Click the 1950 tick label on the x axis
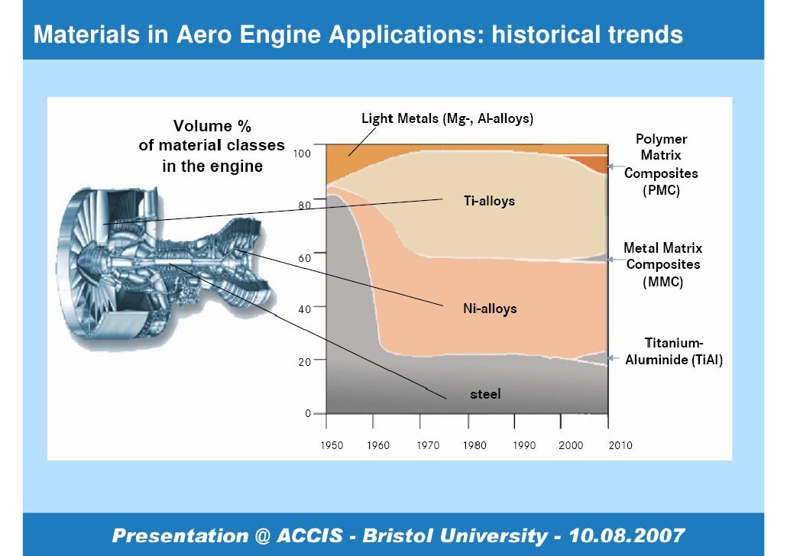tap(332, 445)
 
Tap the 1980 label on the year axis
tap(474, 445)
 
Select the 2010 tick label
tap(620, 445)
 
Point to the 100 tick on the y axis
tap(303, 154)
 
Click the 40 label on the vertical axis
tap(304, 309)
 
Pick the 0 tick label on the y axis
tap(308, 413)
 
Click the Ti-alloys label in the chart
tap(490, 202)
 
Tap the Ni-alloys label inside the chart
tap(490, 309)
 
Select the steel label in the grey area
tap(484, 394)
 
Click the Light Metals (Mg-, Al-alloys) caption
tap(447, 118)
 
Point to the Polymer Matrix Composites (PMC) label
tap(661, 164)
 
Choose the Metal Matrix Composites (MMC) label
tap(662, 264)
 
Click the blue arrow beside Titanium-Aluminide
tap(616, 357)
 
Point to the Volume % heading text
tap(212, 125)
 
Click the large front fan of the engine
tap(99, 244)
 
